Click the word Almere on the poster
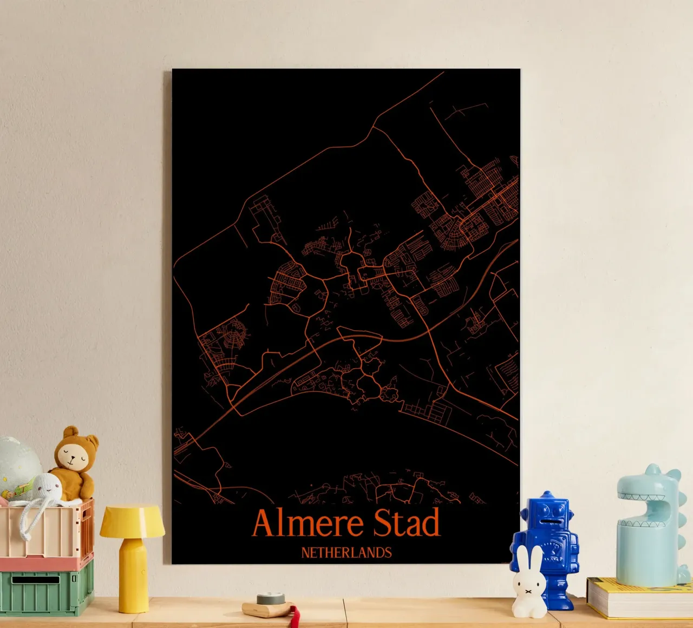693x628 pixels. [308, 524]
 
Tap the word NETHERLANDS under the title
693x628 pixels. [346, 553]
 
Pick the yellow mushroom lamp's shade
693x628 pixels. [132, 520]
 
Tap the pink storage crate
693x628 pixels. [46, 533]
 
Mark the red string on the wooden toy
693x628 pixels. [295, 617]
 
